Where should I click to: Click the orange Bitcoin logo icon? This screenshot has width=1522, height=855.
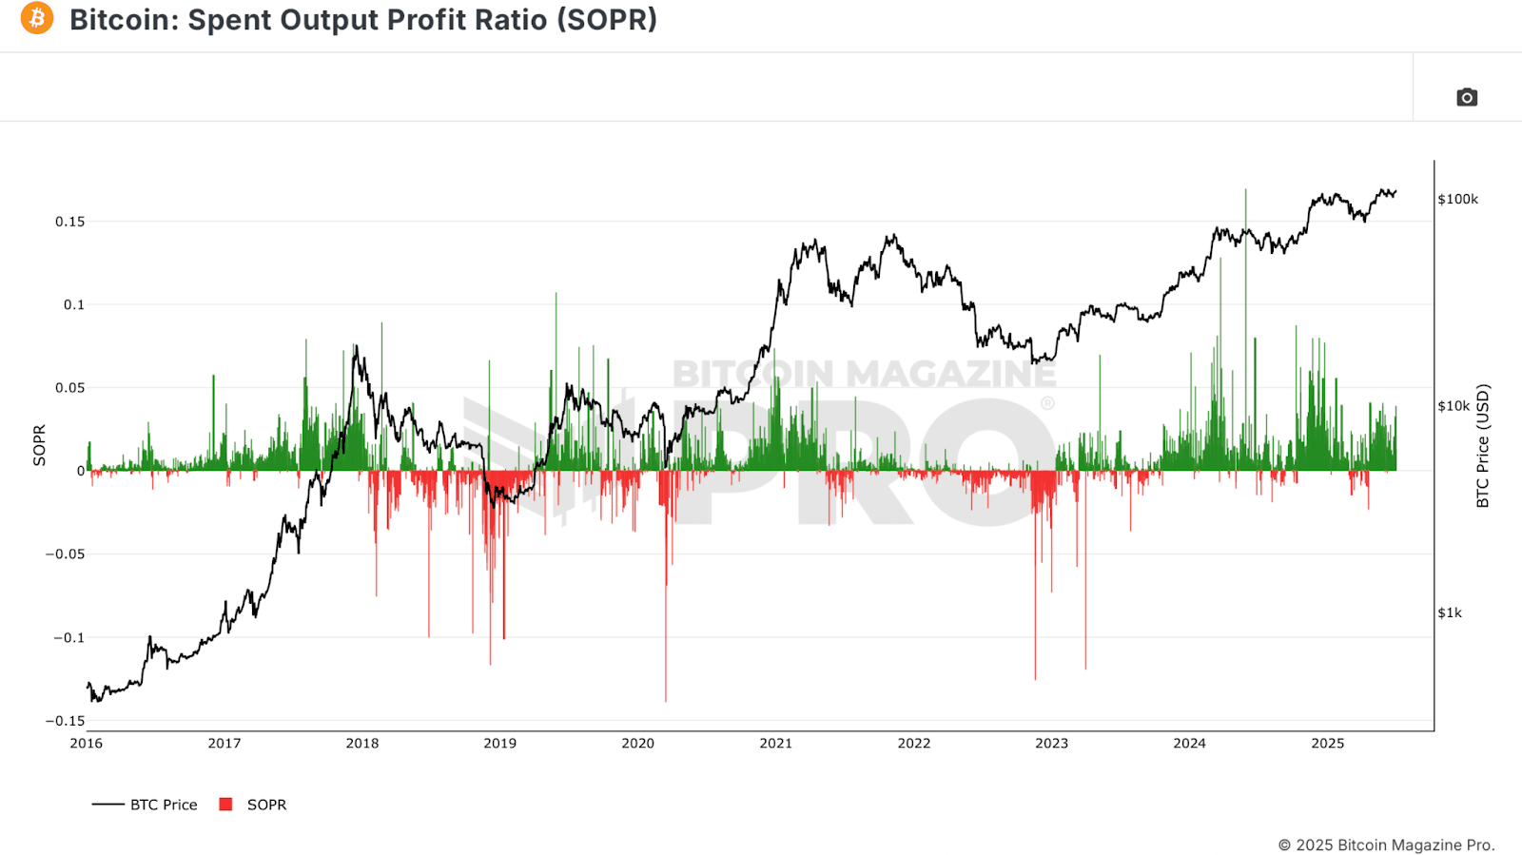(37, 18)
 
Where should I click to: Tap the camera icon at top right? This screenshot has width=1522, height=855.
(1466, 98)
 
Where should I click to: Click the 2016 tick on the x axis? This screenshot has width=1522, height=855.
(87, 744)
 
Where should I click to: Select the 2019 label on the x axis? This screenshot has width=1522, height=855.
(500, 744)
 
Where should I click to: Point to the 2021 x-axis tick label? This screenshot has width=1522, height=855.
(776, 744)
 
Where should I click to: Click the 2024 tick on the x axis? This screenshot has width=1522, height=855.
(1190, 744)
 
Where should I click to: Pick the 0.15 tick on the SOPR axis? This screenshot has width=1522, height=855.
(70, 222)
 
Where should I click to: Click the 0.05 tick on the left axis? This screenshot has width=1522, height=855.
(70, 388)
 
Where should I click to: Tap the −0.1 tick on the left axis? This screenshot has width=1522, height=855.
(68, 638)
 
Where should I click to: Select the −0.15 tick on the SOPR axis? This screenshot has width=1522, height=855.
(66, 721)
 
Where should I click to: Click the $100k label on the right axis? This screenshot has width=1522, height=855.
(1458, 200)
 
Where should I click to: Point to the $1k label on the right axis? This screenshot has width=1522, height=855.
(1450, 613)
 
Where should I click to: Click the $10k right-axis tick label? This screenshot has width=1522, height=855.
(1454, 406)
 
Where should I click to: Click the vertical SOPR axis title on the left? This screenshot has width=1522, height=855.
(39, 445)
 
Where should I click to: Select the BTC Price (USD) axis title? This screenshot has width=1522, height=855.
(1483, 446)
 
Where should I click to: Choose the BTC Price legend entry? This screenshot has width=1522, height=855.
(144, 805)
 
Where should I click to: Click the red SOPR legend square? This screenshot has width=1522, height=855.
(225, 805)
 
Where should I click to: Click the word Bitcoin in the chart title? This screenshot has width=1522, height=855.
(120, 20)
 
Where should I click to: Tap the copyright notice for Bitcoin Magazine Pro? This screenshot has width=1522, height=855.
(1387, 845)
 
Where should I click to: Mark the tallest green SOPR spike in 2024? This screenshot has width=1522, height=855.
(1245, 329)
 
